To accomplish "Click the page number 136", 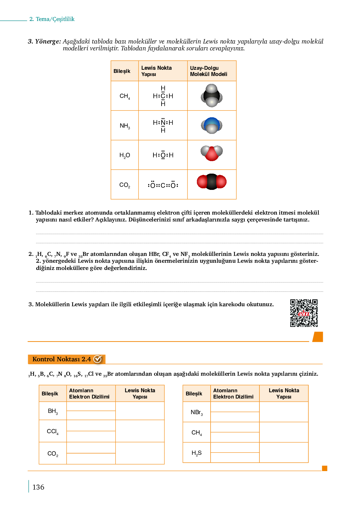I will point(38,487).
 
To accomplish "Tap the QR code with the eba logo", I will point(304,313).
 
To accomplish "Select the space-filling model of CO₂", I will point(212,182).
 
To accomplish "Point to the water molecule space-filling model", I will point(212,153).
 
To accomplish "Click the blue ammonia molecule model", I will point(212,125).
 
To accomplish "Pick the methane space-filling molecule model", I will point(212,96).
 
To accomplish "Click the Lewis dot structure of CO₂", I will point(163,185).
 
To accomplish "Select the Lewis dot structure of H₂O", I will point(163,155).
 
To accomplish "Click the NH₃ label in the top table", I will point(125,126).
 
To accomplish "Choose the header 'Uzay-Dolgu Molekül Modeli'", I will point(208,71).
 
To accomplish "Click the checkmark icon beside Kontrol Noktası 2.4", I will point(98,359).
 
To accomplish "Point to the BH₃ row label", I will point(53,411).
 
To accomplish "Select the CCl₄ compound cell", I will point(53,431).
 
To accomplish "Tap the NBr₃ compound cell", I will point(197,412).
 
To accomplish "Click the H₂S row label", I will point(197,453).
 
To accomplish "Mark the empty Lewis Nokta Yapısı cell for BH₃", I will point(140,411).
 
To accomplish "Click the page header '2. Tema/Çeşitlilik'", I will point(52,19).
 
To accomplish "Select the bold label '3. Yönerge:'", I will point(44,41).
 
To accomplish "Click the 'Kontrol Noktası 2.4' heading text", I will point(62,359).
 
